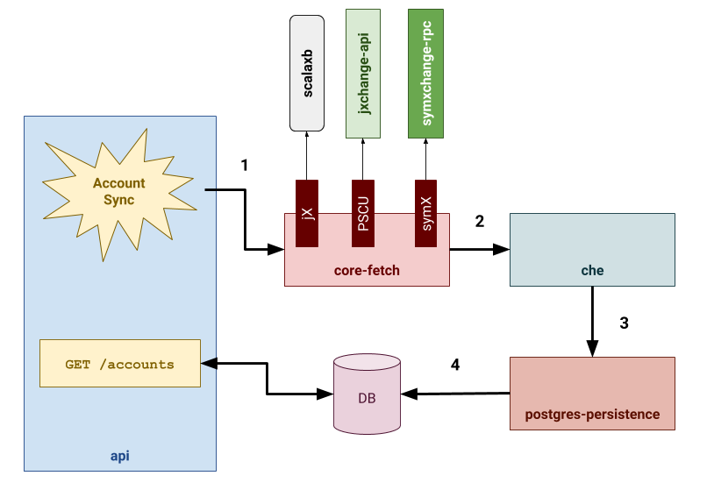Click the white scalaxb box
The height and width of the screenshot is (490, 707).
(x=307, y=74)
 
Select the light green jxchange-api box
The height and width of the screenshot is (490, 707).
(x=362, y=74)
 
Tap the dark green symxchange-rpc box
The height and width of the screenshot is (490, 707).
(x=425, y=74)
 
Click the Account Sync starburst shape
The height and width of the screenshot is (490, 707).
(x=118, y=193)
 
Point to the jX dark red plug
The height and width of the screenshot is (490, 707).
(x=307, y=213)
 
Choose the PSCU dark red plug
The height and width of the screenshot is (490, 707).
(x=363, y=213)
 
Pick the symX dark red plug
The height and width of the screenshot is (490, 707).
(x=426, y=213)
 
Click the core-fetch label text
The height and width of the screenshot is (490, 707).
(x=367, y=271)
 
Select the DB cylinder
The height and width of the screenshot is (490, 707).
(x=367, y=395)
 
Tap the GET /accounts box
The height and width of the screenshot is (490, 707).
(x=120, y=363)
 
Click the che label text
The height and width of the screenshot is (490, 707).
(x=592, y=271)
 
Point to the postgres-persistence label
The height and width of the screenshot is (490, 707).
(x=592, y=415)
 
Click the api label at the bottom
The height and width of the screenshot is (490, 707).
(x=120, y=456)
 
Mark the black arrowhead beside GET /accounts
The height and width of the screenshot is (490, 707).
(x=209, y=363)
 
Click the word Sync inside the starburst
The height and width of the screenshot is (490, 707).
(x=119, y=201)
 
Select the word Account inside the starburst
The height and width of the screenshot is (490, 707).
(x=119, y=184)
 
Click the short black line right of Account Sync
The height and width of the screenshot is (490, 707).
(x=211, y=189)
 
